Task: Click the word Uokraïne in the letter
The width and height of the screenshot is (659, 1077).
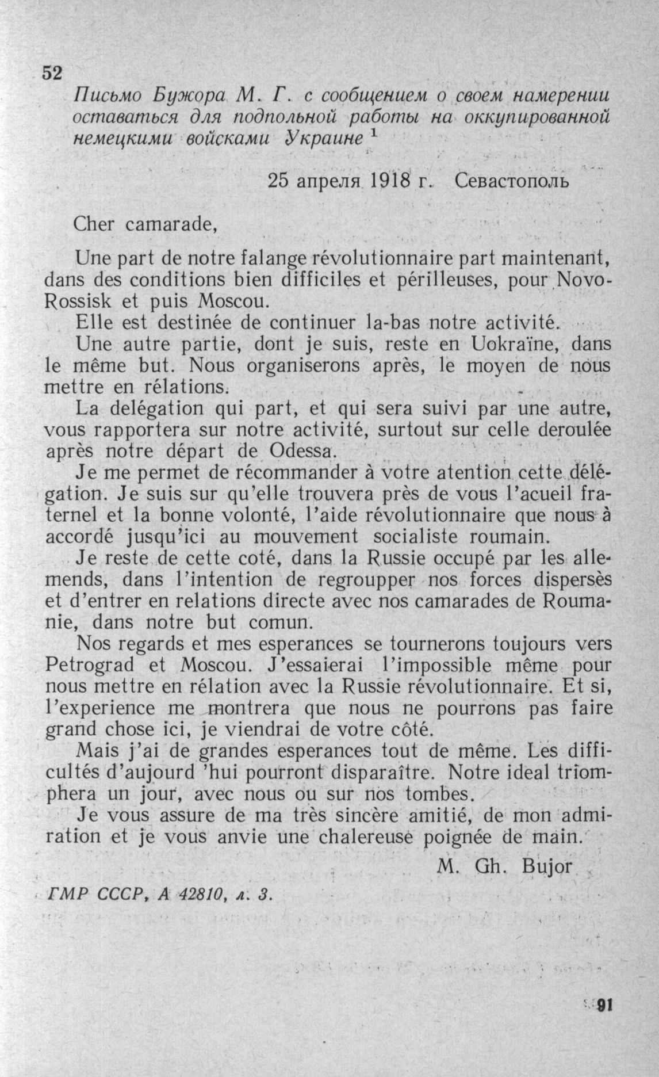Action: (x=516, y=345)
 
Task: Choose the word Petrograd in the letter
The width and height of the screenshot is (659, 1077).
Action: (x=90, y=665)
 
